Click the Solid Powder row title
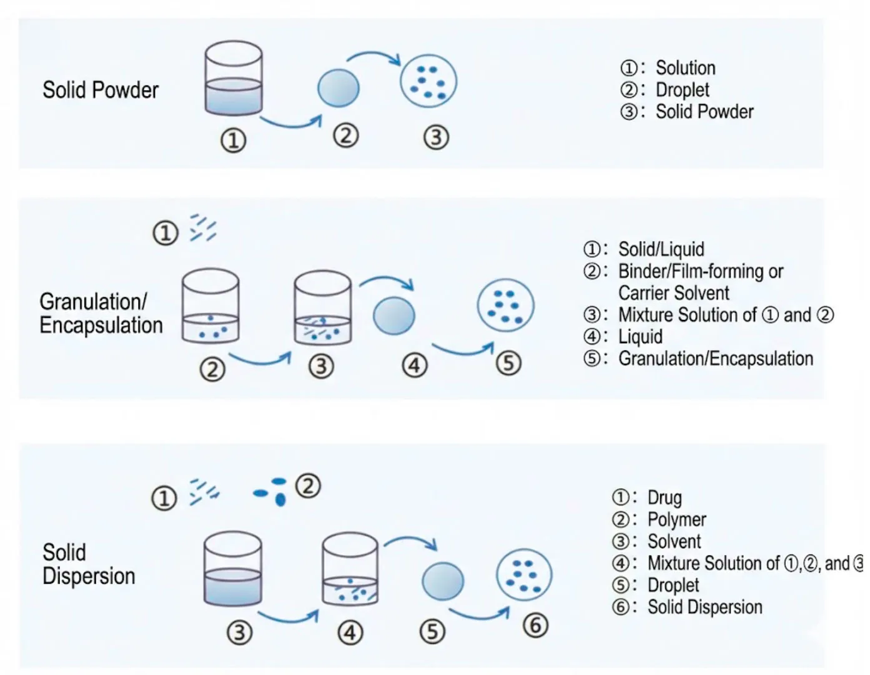(101, 90)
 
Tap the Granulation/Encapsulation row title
(101, 313)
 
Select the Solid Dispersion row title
(89, 564)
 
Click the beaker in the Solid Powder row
(234, 78)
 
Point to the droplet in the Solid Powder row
(339, 88)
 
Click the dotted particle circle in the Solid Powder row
(428, 81)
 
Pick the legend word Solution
(685, 67)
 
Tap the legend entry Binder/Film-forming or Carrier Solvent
(701, 282)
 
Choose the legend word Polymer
(676, 519)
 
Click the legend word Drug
(665, 498)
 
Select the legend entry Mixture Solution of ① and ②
(726, 315)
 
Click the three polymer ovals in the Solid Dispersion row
(270, 491)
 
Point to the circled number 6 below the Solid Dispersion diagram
(535, 626)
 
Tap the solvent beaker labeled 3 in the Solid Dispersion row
(233, 569)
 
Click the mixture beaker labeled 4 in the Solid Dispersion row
(350, 569)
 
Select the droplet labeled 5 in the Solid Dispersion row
(443, 581)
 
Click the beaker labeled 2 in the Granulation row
(210, 306)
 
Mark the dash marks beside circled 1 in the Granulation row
(203, 227)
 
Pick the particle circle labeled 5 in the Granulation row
(505, 305)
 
